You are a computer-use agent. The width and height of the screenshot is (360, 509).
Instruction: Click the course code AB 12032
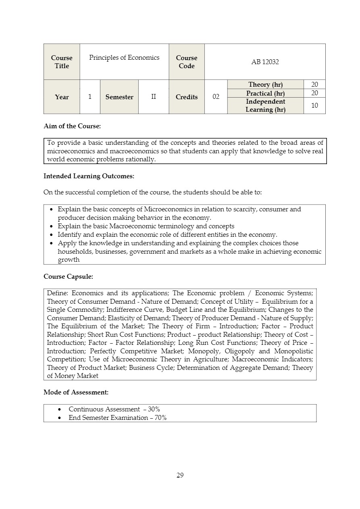tap(265, 62)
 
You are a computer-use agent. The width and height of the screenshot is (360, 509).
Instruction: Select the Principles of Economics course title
tap(124, 58)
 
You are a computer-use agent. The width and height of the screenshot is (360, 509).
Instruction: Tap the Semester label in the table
tap(119, 97)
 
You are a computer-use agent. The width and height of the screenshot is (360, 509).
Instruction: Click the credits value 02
tap(216, 97)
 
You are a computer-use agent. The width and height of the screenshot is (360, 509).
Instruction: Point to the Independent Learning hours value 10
tap(314, 106)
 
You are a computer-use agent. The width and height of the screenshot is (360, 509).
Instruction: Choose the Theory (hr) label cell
tap(265, 84)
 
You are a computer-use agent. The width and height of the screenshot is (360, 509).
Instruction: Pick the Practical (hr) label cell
tap(265, 93)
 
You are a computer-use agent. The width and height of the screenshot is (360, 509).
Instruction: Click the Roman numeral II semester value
tap(154, 97)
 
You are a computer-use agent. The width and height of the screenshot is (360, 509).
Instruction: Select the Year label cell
tap(62, 97)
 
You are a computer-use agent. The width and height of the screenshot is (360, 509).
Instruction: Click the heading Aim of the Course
tap(72, 126)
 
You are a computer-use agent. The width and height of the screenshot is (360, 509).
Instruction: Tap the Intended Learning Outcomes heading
tap(89, 176)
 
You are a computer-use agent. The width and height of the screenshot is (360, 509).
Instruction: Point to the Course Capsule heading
tap(68, 277)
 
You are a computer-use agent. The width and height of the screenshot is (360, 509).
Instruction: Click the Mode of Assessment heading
tap(76, 392)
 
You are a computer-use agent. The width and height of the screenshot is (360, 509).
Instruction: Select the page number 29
tap(180, 475)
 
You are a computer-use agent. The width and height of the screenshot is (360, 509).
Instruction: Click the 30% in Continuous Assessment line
tap(154, 409)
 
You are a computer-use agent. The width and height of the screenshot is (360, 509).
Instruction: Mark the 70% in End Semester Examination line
tap(160, 418)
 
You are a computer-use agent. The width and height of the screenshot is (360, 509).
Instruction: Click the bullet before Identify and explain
tap(51, 235)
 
